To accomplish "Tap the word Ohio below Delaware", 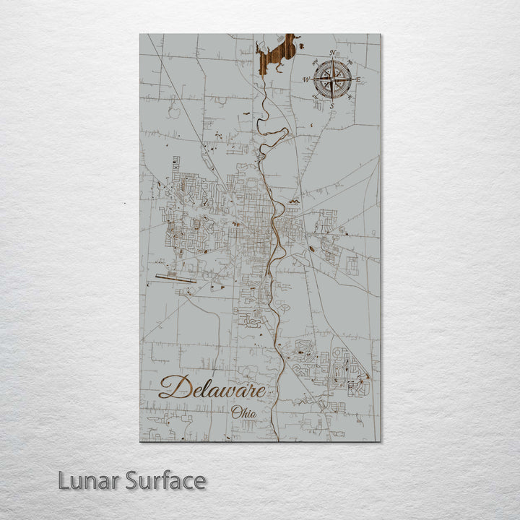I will coord(243,412).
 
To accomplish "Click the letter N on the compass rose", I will coord(332,53).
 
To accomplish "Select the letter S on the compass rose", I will coord(332,105).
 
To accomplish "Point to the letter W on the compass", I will coord(306,79).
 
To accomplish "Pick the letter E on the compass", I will coord(358,79).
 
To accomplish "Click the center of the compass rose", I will coord(332,79).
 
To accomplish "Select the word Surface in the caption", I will coord(165,480).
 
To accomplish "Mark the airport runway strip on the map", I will coord(175,279).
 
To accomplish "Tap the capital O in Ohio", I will coord(235,412).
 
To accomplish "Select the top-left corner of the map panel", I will coord(140,35).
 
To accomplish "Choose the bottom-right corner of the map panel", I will coord(380,441).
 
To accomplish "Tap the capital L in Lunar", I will coord(64,480).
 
